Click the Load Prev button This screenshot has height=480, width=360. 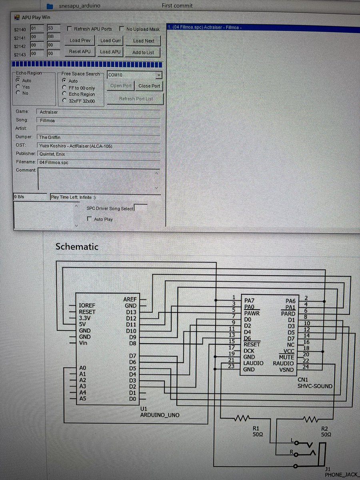80,40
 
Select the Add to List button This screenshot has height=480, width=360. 143,52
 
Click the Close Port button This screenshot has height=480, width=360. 149,86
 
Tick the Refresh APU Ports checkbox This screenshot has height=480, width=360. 70,29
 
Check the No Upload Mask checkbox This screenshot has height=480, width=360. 122,29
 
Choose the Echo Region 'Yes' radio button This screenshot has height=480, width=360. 18,87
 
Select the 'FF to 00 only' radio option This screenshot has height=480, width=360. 64,88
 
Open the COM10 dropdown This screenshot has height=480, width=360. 158,75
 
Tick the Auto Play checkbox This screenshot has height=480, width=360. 90,219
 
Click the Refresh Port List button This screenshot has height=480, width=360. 136,99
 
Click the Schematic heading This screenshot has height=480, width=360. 77,246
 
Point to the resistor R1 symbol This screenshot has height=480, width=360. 241,418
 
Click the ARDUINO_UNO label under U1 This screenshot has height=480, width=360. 160,415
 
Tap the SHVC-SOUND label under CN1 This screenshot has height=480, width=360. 315,386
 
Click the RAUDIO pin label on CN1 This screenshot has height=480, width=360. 283,363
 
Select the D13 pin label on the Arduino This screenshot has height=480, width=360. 131,312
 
